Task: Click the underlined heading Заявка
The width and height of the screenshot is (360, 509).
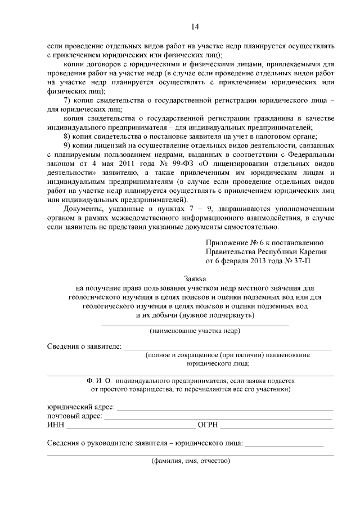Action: (195, 278)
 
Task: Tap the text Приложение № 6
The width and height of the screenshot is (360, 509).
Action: (235, 242)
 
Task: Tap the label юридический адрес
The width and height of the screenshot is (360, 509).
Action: (80, 407)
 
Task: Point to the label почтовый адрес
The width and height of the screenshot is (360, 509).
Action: (74, 416)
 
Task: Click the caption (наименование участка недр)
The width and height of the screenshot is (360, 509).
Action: (195, 331)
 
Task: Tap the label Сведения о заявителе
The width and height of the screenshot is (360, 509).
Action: (84, 346)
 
